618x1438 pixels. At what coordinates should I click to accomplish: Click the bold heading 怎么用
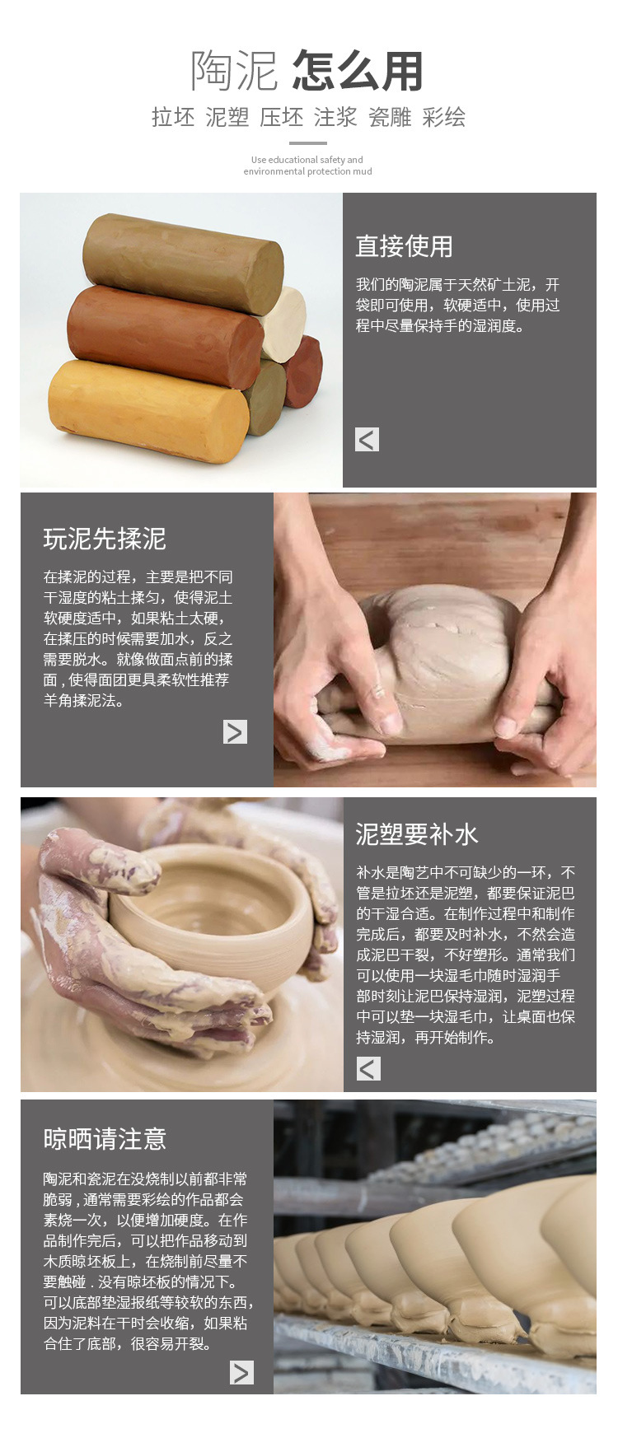point(358,71)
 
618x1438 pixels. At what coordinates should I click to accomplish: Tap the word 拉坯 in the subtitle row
point(173,117)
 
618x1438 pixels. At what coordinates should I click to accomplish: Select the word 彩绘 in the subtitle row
point(444,117)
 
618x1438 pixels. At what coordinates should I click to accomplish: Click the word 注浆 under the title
point(335,117)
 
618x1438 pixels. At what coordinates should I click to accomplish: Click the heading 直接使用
point(404,246)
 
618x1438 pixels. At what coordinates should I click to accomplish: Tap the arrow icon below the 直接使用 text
point(368,440)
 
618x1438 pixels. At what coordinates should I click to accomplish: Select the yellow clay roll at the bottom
point(149,411)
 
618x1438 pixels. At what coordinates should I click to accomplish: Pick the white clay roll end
point(285,324)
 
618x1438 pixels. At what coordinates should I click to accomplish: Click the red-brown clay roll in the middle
point(165,337)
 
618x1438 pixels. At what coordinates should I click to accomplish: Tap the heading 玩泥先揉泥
point(105,539)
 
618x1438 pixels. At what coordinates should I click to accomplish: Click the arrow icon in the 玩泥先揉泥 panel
point(236,731)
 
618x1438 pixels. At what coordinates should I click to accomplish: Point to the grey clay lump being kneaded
point(435,659)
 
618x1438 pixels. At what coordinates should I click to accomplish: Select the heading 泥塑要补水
point(417,834)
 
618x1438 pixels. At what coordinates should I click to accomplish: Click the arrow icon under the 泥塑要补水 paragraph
point(368,1069)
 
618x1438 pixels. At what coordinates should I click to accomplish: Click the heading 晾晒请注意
point(105,1139)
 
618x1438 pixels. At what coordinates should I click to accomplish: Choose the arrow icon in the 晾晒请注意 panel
point(241,1372)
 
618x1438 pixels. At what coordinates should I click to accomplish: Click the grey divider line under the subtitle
point(308,143)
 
